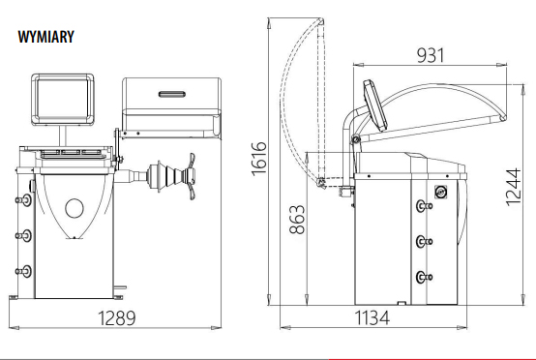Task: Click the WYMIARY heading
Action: tap(46, 37)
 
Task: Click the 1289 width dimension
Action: tap(117, 318)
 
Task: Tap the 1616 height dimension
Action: tap(259, 159)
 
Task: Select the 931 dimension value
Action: tap(431, 55)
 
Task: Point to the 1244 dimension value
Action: tap(514, 187)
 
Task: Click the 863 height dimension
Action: tap(297, 220)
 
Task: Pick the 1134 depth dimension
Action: tap(372, 318)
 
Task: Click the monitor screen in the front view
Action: tap(63, 99)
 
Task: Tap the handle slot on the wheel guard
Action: tap(172, 94)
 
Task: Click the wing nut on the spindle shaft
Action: tap(191, 176)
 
